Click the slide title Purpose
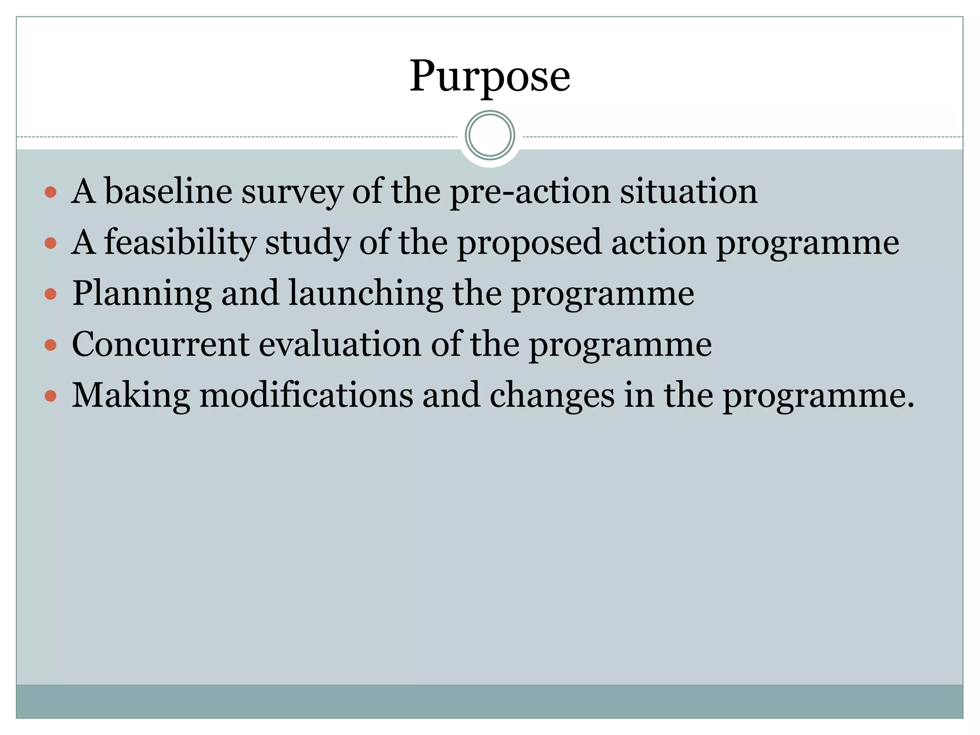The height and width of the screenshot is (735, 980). point(490,77)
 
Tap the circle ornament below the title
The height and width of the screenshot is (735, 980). point(490,135)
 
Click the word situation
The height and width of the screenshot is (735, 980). point(689,191)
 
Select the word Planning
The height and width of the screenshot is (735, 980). point(142,294)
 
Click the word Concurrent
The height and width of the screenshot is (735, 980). point(161,345)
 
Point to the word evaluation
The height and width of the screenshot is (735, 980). point(340,345)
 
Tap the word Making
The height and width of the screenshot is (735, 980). point(131,396)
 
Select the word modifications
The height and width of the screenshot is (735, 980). point(306,395)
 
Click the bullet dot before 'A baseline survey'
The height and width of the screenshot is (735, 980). point(51,192)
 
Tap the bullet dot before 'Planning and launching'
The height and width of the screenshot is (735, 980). point(51,294)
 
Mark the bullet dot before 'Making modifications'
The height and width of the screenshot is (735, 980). point(51,396)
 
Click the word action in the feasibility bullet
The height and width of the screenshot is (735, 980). point(658,243)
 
